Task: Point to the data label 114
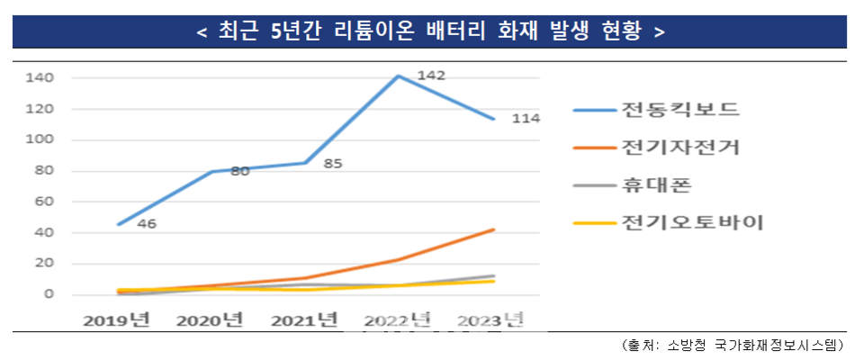526,119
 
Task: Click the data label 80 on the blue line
239,170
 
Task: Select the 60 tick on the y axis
44,202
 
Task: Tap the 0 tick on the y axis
49,295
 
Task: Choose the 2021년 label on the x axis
305,320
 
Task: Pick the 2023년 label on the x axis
491,320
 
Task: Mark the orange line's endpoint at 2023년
493,229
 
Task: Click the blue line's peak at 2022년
399,76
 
